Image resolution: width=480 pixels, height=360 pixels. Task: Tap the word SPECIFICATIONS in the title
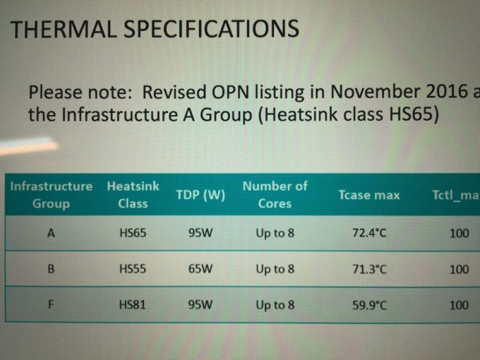(211, 28)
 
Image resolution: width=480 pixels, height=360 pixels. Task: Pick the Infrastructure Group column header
(51, 194)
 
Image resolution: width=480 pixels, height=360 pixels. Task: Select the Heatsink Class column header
(133, 194)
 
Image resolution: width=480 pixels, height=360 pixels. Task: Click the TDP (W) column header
(200, 194)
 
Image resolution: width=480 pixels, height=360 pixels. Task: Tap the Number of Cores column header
(275, 194)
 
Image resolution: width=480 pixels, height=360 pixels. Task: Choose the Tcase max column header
(369, 195)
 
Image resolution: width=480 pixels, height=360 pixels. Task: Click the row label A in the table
(51, 233)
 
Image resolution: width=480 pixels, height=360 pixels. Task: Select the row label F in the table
(51, 305)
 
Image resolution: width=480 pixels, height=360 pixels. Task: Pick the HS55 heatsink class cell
(133, 269)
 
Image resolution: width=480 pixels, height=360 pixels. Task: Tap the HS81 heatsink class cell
(133, 305)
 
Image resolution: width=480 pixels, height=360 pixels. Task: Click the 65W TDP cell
(200, 269)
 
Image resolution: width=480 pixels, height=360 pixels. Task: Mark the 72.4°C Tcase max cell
(369, 233)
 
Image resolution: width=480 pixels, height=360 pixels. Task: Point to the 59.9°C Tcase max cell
(369, 305)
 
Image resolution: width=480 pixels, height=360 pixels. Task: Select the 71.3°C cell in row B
(369, 269)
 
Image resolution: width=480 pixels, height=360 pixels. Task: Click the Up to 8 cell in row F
(275, 305)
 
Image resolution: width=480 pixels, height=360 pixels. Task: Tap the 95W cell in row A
(200, 233)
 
